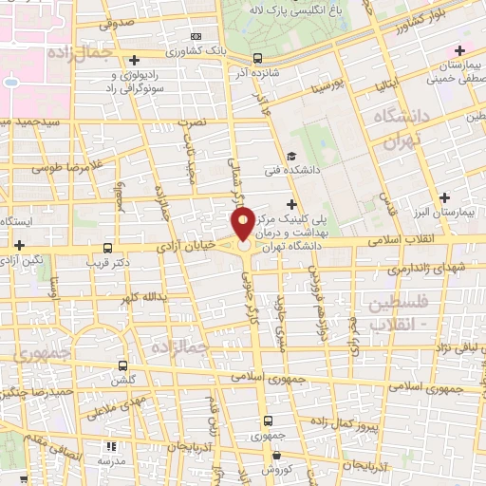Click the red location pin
243,226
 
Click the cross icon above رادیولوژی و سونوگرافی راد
134,60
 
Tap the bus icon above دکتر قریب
107,245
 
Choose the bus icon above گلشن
122,364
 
